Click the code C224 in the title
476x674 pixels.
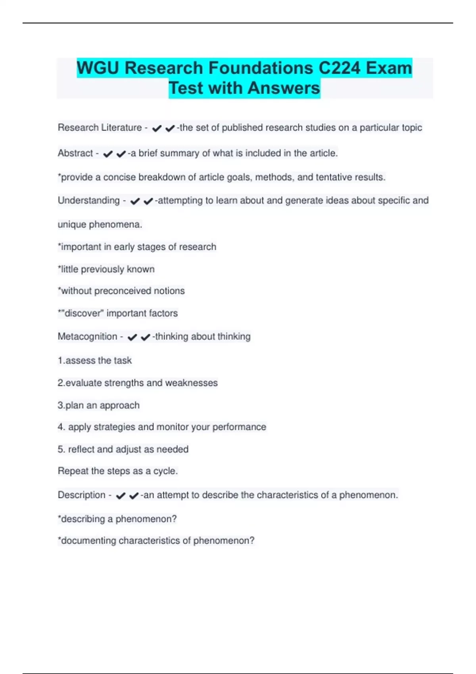pyautogui.click(x=339, y=68)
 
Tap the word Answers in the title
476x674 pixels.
pyautogui.click(x=284, y=88)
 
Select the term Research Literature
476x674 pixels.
pyautogui.click(x=100, y=128)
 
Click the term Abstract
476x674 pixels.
pyautogui.click(x=75, y=153)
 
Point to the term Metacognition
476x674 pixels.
pyautogui.click(x=87, y=337)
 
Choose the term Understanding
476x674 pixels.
pyautogui.click(x=88, y=201)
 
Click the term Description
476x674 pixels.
pyautogui.click(x=81, y=495)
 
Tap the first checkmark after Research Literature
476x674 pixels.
pyautogui.click(x=157, y=128)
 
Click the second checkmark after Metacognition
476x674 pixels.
pyautogui.click(x=146, y=337)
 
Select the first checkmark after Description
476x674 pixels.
pyautogui.click(x=121, y=496)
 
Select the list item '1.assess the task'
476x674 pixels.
pyautogui.click(x=94, y=360)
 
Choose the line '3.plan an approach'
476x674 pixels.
pyautogui.click(x=98, y=405)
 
